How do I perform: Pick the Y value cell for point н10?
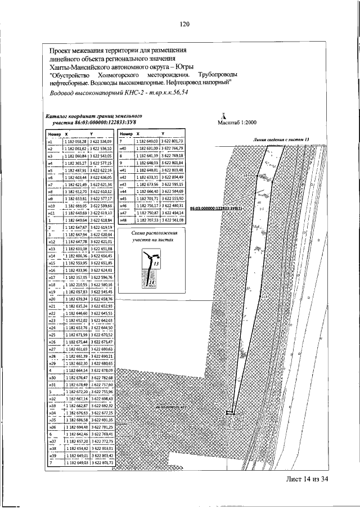(x=101, y=207)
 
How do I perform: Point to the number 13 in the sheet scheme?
(x=157, y=263)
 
